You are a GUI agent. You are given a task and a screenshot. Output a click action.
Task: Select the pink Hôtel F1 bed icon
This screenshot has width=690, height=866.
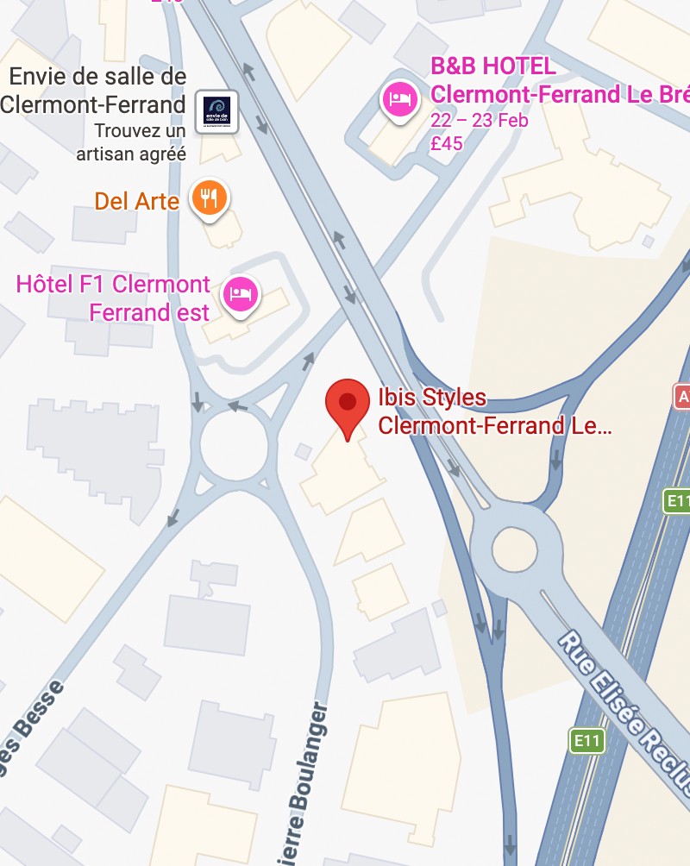point(241,294)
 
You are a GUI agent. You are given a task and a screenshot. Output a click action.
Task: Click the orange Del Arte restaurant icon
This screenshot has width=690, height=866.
point(210,198)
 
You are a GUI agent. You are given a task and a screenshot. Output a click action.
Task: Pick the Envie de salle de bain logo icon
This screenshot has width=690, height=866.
point(216,111)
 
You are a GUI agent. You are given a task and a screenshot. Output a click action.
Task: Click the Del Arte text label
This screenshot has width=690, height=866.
point(136,202)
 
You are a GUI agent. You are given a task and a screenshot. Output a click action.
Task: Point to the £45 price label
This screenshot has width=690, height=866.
point(447,143)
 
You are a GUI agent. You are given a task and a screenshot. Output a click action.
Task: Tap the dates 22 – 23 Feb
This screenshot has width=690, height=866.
point(479,120)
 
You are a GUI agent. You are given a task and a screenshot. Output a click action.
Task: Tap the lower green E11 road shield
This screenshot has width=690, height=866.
point(587,740)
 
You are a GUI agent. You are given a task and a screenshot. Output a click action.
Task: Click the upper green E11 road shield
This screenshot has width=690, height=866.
point(677,500)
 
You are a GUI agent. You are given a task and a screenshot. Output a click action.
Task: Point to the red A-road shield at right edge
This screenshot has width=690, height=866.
point(682,397)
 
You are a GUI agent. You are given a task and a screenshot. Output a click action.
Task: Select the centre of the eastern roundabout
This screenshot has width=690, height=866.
point(515,548)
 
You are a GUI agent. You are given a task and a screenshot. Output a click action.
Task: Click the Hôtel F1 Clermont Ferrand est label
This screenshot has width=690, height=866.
point(113,298)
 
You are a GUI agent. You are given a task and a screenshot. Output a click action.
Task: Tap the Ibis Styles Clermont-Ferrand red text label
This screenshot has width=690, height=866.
point(494,412)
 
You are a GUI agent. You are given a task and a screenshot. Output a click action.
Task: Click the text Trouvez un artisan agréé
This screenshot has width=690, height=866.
point(131,143)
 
